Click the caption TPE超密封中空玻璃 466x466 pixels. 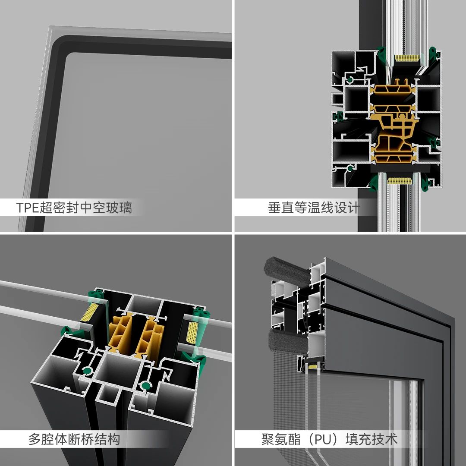point(74,208)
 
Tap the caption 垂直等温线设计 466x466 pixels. point(314,208)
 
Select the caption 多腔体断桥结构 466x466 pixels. point(74,439)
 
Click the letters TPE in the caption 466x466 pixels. point(28,208)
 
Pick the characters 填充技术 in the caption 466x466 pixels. point(372,439)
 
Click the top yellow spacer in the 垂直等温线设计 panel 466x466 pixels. point(407,58)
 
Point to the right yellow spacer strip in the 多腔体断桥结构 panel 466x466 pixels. point(192,332)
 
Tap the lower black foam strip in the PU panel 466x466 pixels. point(288,342)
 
